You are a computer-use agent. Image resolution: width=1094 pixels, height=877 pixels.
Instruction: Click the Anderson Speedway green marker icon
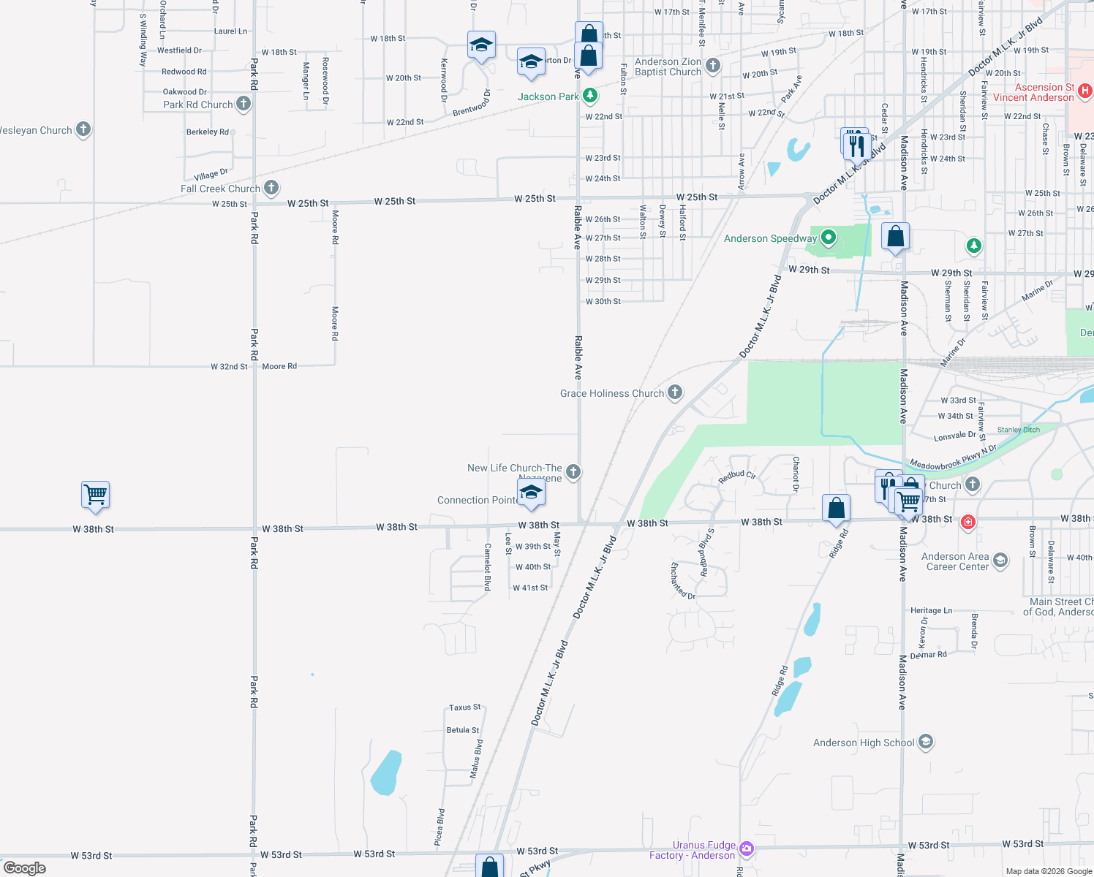tap(828, 238)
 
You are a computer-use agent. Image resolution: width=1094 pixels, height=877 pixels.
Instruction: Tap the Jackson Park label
tap(548, 96)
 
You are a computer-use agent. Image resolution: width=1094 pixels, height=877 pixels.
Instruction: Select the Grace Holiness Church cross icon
tap(675, 392)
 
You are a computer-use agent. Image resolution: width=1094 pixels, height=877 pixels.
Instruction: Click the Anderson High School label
tap(864, 743)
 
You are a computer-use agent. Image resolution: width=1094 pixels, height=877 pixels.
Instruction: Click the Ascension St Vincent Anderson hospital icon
tap(1085, 91)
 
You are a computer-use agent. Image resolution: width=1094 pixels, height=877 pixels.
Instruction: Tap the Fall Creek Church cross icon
tap(271, 188)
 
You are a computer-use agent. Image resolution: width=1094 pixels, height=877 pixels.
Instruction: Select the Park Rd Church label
tap(197, 105)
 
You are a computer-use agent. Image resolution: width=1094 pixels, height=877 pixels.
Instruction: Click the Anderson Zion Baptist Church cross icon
tap(713, 66)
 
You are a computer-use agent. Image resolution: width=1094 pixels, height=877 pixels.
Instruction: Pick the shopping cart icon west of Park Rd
tap(96, 496)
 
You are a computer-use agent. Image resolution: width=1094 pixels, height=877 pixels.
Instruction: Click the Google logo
tap(25, 868)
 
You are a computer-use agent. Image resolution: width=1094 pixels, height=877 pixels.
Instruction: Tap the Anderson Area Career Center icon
tap(1000, 561)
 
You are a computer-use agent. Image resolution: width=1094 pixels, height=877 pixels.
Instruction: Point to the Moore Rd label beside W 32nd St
tap(279, 366)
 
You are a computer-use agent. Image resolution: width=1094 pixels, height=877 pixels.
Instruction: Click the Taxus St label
tap(465, 707)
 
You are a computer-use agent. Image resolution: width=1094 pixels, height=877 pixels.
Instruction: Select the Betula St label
tap(463, 730)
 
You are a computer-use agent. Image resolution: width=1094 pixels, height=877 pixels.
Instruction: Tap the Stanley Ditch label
tap(1018, 430)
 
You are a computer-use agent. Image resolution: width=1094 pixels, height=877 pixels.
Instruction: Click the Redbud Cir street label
tap(736, 476)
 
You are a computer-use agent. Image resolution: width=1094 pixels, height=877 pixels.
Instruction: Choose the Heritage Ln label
tap(931, 610)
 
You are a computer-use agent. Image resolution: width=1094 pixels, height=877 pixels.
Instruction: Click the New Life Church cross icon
tap(573, 471)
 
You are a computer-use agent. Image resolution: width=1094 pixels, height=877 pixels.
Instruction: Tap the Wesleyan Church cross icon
tap(83, 129)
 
